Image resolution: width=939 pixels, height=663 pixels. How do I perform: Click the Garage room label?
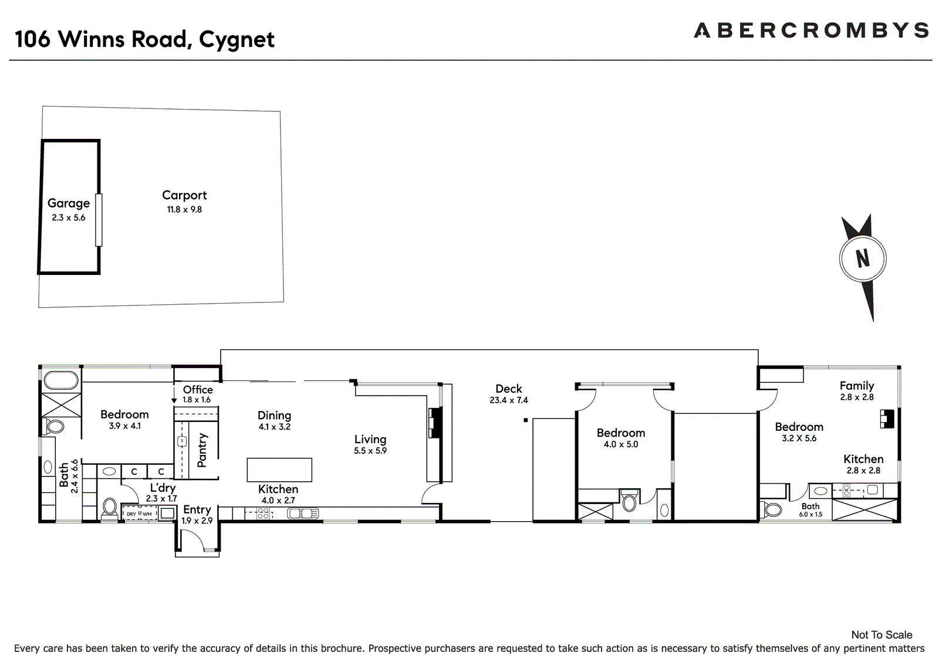[x=69, y=203]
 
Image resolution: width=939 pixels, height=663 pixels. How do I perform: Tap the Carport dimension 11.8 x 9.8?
[x=184, y=210]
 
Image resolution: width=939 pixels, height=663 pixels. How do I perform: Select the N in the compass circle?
[x=862, y=259]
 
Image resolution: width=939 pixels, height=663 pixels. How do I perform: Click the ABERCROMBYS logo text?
[x=811, y=30]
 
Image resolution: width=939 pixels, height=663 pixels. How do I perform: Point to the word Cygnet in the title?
[x=237, y=40]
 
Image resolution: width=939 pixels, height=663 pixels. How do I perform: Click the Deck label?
[x=508, y=389]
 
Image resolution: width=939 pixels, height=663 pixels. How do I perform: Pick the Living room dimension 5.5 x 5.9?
[x=370, y=451]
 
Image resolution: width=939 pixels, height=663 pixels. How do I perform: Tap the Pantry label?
[x=202, y=450]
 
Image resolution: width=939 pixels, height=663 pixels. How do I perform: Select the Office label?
[x=198, y=389]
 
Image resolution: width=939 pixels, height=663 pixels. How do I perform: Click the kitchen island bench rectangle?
[x=279, y=470]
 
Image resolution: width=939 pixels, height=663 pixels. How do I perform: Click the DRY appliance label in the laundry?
[x=131, y=514]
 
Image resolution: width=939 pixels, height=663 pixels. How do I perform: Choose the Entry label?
[x=197, y=509]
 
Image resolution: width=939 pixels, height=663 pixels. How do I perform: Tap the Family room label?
[x=856, y=386]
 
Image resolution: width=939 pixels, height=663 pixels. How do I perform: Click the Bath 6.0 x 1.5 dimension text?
[x=810, y=515]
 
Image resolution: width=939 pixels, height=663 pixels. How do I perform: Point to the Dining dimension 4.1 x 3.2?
[x=275, y=427]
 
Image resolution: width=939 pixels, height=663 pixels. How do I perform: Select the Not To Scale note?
[x=881, y=635]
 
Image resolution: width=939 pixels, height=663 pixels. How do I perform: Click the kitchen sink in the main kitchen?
[x=303, y=514]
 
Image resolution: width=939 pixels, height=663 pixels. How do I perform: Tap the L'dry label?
[x=163, y=488]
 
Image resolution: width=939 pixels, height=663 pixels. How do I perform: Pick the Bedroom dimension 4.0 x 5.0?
[x=621, y=444]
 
